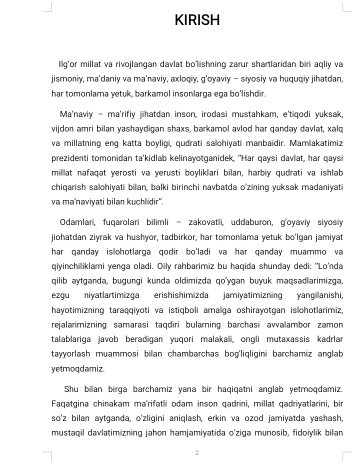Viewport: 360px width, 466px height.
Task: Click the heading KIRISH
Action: pyautogui.click(x=197, y=20)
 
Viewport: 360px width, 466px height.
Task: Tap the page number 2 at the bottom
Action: pyautogui.click(x=197, y=453)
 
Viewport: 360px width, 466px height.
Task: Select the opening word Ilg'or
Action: pyautogui.click(x=70, y=64)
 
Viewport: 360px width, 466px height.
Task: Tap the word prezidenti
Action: pyautogui.click(x=69, y=158)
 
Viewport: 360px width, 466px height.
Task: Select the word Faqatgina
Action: pyautogui.click(x=69, y=403)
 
